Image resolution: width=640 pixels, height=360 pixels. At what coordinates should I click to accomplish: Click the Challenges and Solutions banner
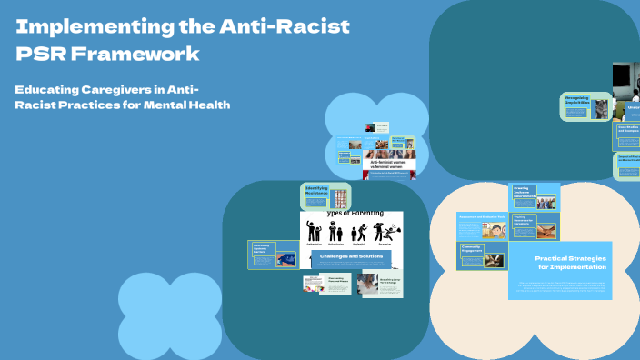click(x=352, y=257)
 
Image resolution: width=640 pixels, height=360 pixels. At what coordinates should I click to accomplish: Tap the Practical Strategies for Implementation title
click(x=565, y=264)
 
